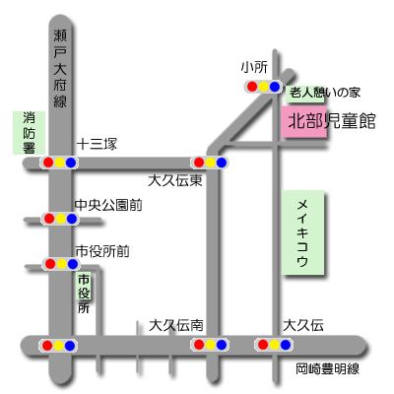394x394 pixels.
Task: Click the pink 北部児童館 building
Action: (304, 122)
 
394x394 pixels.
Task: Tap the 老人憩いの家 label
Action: (324, 93)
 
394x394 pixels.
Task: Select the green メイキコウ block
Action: (303, 232)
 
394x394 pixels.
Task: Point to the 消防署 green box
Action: (29, 133)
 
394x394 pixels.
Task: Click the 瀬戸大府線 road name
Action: (60, 68)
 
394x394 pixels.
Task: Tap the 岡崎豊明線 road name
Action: (327, 369)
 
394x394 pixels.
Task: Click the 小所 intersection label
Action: (254, 67)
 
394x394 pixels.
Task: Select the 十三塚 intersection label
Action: (97, 144)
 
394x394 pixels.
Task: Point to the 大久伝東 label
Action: (175, 180)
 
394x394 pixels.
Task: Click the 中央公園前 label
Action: (108, 205)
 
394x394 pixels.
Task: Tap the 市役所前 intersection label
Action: (102, 251)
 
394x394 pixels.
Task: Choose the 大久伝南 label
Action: (176, 325)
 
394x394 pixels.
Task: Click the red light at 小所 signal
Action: (252, 87)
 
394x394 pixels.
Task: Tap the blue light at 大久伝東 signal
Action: (222, 163)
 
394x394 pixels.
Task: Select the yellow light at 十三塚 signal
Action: (60, 163)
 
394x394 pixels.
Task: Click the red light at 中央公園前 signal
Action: (49, 219)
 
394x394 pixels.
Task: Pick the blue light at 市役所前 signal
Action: (73, 264)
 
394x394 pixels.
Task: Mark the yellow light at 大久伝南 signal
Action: (211, 345)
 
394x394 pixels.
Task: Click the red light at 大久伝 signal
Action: (263, 345)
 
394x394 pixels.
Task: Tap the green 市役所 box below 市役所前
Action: (84, 286)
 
